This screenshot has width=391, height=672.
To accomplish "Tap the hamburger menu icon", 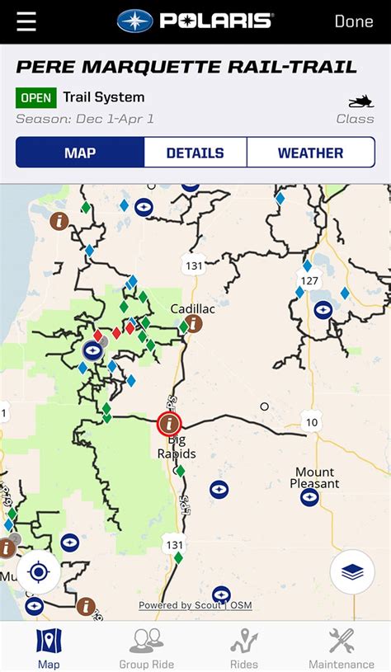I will pos(26,21).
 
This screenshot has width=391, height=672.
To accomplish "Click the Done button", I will pos(354,21).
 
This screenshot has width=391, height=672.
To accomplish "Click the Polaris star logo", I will pos(134,21).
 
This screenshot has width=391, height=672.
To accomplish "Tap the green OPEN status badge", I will pos(35,98).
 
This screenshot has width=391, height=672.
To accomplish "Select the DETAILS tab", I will pos(195,153).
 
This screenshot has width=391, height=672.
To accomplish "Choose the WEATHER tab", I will pos(310,153).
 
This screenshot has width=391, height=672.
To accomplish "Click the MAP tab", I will pos(80,153).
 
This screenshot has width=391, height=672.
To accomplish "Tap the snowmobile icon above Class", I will pos(360,101).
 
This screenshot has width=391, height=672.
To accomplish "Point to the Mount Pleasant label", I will pos(315,478).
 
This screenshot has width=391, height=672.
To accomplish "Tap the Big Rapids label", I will pos(177,448).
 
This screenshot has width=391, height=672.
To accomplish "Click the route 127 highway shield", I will pos(309,280).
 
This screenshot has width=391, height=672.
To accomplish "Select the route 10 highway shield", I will pos(311,422).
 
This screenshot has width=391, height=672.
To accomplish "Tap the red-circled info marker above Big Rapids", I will pos(170,424).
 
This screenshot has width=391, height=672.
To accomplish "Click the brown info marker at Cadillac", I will pos(194,323).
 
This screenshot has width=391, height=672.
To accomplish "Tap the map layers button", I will pos(352,571).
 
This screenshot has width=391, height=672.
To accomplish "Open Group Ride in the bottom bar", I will pos(146,647).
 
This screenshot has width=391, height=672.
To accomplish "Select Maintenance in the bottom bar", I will pos(342,647).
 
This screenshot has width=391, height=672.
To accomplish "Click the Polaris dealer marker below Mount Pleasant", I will pos(309,497).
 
